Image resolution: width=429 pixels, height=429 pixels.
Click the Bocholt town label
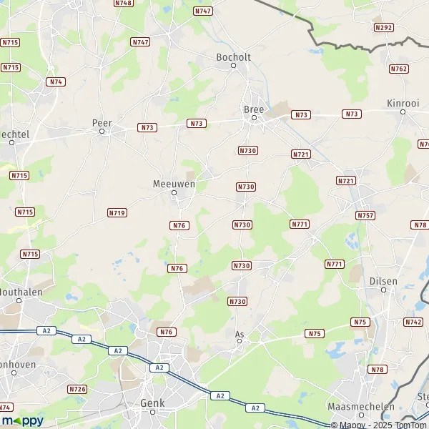[x=232, y=55]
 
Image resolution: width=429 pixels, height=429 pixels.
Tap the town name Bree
[x=254, y=109]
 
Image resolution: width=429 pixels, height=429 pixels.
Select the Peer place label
[x=102, y=122]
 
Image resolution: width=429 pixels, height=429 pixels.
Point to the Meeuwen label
[x=174, y=183]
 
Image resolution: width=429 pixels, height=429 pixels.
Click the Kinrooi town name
[x=403, y=102]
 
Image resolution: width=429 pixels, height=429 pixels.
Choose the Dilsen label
[x=383, y=281]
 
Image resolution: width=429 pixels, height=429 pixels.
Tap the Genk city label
[x=153, y=403]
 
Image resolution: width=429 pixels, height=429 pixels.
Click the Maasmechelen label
[x=361, y=406]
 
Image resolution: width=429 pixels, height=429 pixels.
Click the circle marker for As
[x=240, y=341]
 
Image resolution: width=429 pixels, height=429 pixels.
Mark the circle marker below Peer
[x=102, y=132]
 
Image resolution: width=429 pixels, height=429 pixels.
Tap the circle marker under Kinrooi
[x=403, y=112]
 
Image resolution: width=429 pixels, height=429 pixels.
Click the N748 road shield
[x=124, y=3]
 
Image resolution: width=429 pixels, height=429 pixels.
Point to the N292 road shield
[x=383, y=27]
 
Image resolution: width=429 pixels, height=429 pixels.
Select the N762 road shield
[x=399, y=69]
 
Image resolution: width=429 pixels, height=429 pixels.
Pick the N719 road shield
[x=117, y=212]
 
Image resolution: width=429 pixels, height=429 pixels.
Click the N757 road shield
[x=365, y=214]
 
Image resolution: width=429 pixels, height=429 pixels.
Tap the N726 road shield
[x=77, y=389]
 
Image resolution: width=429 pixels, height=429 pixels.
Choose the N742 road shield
[x=413, y=322]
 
